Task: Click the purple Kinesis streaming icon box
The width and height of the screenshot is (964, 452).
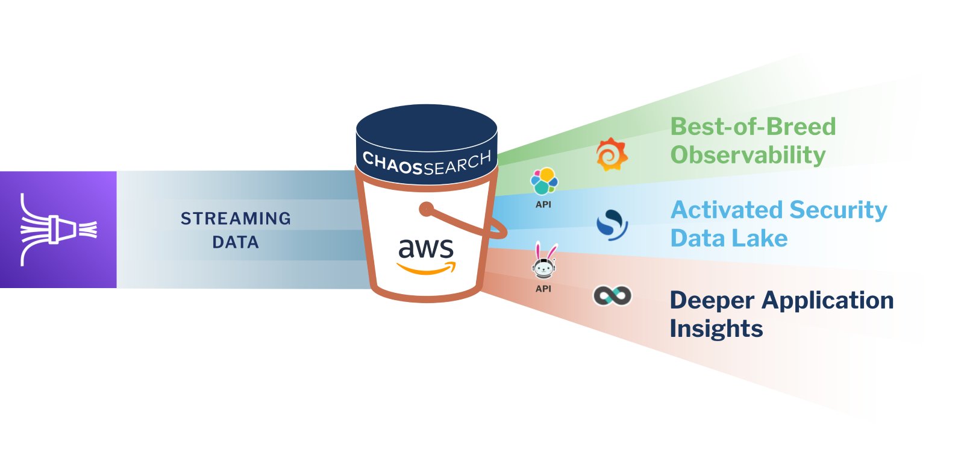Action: (58, 230)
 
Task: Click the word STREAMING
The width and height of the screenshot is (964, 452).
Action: (236, 218)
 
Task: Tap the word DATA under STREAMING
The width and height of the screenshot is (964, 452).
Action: (236, 242)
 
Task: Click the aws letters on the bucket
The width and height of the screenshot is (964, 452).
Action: (425, 248)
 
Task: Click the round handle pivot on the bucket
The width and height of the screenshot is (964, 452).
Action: (427, 209)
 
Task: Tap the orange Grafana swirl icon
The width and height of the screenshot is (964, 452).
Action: (611, 154)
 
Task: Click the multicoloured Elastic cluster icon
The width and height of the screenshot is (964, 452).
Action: (543, 181)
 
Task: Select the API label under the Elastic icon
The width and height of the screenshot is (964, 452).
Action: (543, 204)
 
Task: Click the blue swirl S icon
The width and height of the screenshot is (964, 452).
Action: (612, 225)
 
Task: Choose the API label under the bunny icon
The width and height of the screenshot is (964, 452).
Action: (543, 289)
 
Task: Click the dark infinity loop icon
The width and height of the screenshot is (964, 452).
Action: (612, 295)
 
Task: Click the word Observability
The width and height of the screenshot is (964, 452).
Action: (748, 155)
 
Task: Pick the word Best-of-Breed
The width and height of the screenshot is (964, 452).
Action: (753, 127)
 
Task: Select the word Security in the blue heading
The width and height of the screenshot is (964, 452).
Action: (838, 210)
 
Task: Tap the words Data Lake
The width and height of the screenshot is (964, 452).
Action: (729, 238)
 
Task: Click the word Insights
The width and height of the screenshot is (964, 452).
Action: (716, 328)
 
